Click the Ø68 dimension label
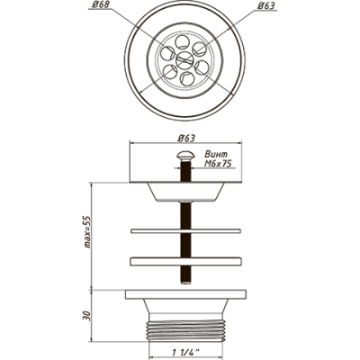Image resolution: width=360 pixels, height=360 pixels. [x=98, y=5]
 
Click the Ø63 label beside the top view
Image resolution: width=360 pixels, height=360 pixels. [x=266, y=5]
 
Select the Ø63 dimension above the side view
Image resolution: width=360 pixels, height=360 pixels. [x=186, y=139]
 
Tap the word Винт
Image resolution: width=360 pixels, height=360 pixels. [x=216, y=155]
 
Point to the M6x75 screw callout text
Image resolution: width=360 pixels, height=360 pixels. [x=220, y=164]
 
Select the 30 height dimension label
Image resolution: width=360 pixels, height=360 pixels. [x=87, y=315]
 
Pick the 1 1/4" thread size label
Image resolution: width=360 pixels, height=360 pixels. [x=184, y=350]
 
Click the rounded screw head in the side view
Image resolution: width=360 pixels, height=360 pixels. [x=185, y=156]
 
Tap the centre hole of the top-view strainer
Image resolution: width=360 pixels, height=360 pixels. [x=184, y=59]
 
